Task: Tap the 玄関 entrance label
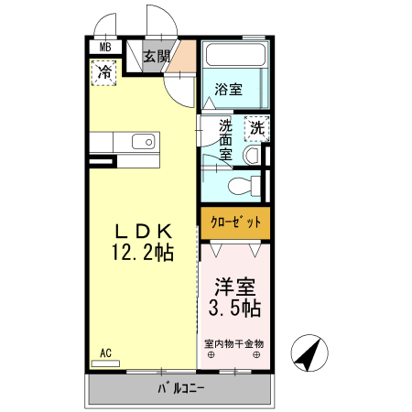[156, 57]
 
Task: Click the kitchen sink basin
[142, 142]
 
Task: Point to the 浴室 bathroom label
[228, 89]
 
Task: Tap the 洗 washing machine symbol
[256, 128]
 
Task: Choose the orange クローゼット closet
[235, 222]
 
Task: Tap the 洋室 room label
[234, 286]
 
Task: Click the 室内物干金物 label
[234, 343]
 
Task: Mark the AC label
[105, 352]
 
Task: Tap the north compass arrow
[310, 353]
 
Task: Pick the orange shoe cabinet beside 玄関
[185, 57]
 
